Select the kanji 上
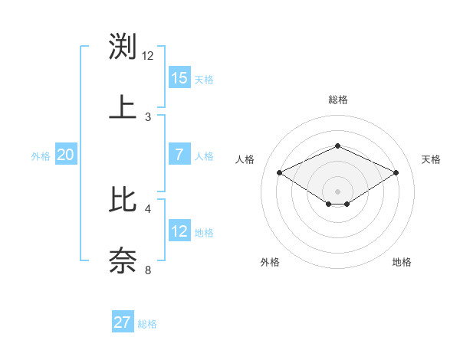coord(123,106)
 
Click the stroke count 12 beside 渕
coord(148,56)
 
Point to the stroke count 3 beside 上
coord(148,116)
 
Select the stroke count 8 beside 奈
coord(148,270)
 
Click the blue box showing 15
coord(179,78)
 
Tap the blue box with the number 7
coord(179,155)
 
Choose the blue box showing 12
coord(179,231)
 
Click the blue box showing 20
coord(66,155)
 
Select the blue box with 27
coord(123,322)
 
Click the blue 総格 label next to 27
coord(147,324)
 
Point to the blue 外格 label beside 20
coord(41,156)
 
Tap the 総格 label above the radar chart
coord(337,100)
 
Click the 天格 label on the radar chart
coord(431,159)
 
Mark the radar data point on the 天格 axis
coord(396,173)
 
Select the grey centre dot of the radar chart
coord(337,191)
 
